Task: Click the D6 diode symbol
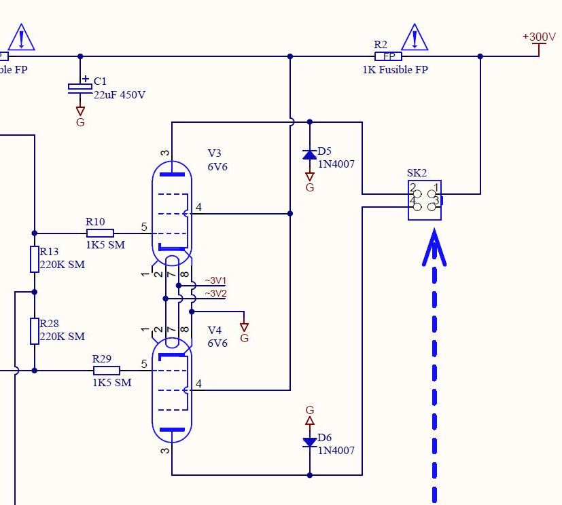pos(310,442)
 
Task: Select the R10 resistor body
pos(100,233)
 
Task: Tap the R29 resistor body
pos(106,370)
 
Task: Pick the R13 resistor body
pos(34,259)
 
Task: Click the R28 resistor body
pos(34,331)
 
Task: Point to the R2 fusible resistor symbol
pos(389,56)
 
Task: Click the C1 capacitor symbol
pos(80,88)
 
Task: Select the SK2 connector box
pos(425,200)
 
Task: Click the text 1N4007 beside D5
pos(336,164)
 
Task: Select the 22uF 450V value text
pos(120,95)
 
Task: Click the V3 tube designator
pos(215,153)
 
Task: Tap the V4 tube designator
pos(215,330)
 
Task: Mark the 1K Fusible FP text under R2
pos(395,70)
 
